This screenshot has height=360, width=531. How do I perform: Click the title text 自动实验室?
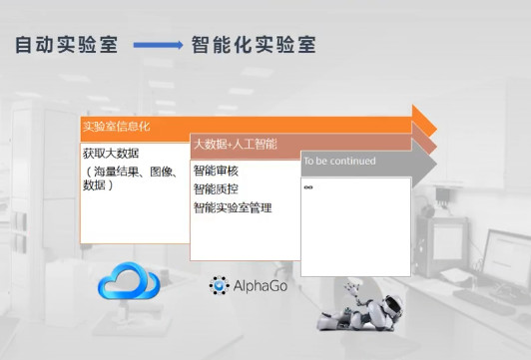pos(66,45)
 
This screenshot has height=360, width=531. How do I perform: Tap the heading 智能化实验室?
pos(254,45)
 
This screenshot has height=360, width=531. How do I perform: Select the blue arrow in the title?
pos(158,45)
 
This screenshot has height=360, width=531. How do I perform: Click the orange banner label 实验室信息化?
pos(116,127)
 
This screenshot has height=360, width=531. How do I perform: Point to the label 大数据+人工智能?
pos(236,145)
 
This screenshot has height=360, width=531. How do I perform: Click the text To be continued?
pos(339,161)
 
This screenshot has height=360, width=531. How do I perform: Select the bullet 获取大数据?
pos(111,154)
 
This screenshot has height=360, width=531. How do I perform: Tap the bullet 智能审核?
pos(216,171)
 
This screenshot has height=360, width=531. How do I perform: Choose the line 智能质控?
pos(216,189)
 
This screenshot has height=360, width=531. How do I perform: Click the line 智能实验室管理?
pos(233,207)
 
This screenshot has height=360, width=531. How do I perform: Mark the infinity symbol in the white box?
pos(308,187)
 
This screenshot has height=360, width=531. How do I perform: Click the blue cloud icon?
pos(129,280)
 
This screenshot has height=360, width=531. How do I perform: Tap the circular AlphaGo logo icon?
pos(220,285)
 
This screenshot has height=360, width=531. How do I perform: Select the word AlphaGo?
pos(261,286)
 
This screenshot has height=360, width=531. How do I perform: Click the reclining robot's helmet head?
pos(392,304)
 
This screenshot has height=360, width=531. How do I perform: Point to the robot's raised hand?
pos(352,288)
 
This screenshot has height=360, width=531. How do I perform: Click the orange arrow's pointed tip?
pos(437,130)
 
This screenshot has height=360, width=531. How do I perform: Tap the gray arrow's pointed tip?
pos(437,165)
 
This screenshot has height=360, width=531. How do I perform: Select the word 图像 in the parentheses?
pos(162,173)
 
